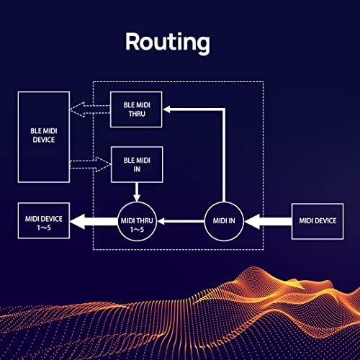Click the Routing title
pos(168,42)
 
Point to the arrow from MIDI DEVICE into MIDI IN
pos(268,221)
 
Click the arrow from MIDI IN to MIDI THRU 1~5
pos(181,221)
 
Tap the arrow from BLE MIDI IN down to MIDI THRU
pos(137,192)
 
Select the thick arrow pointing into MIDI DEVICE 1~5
pos(94,221)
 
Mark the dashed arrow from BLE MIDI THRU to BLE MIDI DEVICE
pos(90,109)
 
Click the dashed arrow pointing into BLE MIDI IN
pos(91,165)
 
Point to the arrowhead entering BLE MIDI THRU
pos(167,109)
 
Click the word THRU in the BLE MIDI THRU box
pos(137,114)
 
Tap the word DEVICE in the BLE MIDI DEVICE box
pos(44,140)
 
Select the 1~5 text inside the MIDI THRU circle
pos(137,230)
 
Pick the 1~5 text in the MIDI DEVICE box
pos(44,228)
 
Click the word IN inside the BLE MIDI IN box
pos(137,169)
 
